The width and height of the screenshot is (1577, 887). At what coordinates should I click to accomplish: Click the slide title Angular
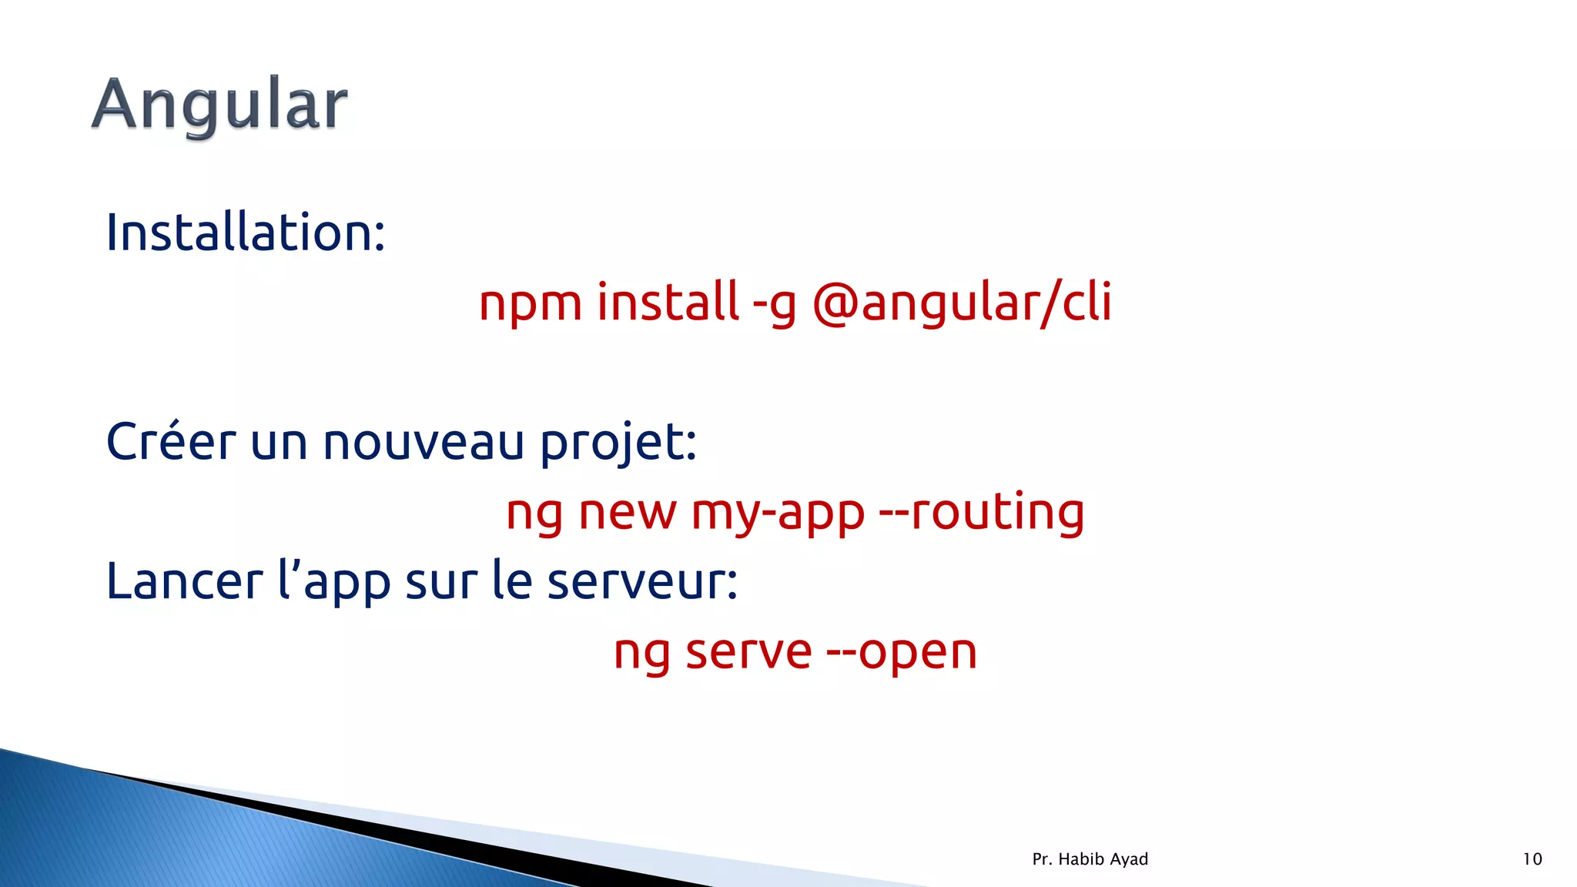219,105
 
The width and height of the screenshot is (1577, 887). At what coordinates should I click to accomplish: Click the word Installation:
245,233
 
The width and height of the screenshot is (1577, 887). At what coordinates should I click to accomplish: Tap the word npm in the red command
530,303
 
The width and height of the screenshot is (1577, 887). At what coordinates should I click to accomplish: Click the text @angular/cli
962,303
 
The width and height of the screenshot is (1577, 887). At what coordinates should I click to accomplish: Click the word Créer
170,443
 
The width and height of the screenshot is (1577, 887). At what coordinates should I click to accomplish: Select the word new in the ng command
627,514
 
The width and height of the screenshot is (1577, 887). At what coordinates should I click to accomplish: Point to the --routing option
982,513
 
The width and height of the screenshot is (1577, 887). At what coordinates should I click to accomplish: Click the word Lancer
184,581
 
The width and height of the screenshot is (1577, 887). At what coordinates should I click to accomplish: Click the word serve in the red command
748,653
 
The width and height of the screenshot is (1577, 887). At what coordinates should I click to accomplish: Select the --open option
902,654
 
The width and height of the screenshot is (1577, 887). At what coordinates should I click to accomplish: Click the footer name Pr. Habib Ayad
1090,859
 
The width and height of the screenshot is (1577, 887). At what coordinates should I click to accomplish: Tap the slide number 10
1532,859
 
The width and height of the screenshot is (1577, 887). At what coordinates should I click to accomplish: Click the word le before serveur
512,581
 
